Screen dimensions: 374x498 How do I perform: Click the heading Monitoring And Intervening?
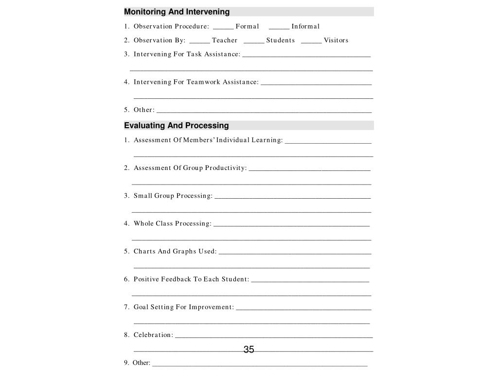[x=177, y=12]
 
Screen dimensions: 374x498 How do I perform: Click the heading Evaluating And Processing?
[x=176, y=126]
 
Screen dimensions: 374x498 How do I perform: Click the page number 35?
[x=249, y=350]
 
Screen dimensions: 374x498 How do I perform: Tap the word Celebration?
[x=153, y=335]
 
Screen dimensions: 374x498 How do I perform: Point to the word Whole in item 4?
[x=143, y=224]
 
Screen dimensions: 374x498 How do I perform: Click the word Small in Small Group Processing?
[x=143, y=196]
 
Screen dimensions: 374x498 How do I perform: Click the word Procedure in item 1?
[x=192, y=26]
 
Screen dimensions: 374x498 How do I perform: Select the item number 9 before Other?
[x=126, y=363]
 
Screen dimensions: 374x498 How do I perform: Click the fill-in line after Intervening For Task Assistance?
[x=306, y=56]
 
